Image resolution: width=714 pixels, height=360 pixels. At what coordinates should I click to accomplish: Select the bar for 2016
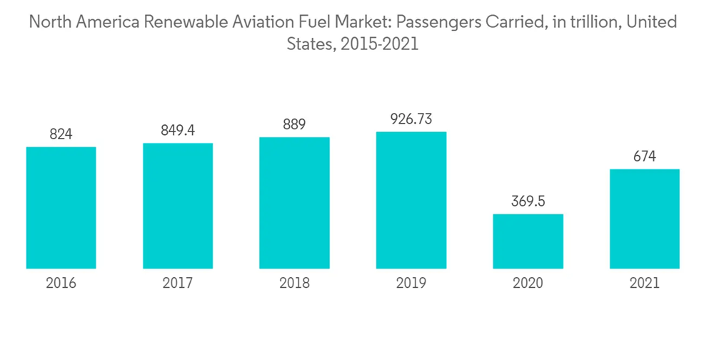click(x=61, y=207)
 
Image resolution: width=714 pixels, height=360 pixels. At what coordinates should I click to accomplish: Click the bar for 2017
click(x=178, y=206)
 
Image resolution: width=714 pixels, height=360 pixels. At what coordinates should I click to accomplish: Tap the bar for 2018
click(x=294, y=203)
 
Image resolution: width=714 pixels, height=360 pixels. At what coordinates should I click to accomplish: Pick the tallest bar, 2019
click(x=411, y=200)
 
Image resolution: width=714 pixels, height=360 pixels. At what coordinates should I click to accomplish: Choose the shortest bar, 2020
click(x=528, y=241)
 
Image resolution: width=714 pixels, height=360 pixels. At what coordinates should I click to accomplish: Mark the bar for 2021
click(x=644, y=219)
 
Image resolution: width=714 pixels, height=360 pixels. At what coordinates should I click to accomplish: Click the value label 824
click(x=61, y=134)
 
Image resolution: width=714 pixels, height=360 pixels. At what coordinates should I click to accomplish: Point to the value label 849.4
click(x=178, y=130)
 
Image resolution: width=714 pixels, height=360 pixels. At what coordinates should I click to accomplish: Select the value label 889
click(x=294, y=124)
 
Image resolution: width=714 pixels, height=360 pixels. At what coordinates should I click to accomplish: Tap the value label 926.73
click(x=411, y=119)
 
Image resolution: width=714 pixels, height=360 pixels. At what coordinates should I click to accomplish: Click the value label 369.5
click(x=528, y=201)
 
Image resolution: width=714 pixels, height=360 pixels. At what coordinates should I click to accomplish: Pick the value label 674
click(x=644, y=156)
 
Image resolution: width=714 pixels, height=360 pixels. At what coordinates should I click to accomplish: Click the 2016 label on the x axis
click(x=61, y=284)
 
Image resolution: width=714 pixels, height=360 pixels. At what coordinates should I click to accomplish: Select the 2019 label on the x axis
click(x=411, y=284)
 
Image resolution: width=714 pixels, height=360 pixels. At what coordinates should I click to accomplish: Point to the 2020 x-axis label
click(x=528, y=284)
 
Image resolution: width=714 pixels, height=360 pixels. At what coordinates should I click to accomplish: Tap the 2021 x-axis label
click(x=644, y=284)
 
